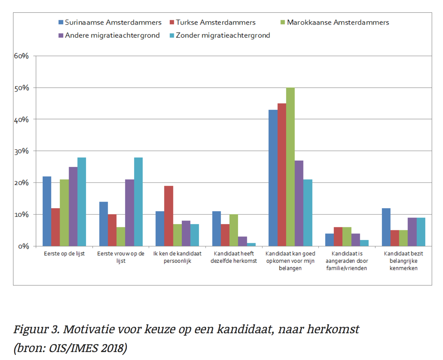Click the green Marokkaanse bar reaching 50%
pyautogui.click(x=290, y=167)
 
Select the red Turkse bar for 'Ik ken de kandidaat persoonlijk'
pyautogui.click(x=168, y=216)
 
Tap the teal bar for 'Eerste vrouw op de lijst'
pyautogui.click(x=138, y=202)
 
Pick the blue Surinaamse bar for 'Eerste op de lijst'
pyautogui.click(x=47, y=211)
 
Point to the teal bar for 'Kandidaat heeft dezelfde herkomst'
pyautogui.click(x=251, y=245)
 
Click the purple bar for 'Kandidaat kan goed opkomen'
pyautogui.click(x=299, y=203)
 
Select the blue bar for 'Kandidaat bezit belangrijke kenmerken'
pyautogui.click(x=386, y=227)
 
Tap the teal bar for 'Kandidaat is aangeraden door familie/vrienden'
pyautogui.click(x=364, y=243)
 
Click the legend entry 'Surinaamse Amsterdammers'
pyautogui.click(x=110, y=22)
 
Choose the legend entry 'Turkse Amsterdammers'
pyautogui.click(x=212, y=22)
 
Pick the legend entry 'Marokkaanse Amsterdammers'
pyautogui.click(x=335, y=22)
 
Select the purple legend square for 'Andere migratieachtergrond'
pyautogui.click(x=61, y=35)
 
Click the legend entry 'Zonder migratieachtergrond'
pyautogui.click(x=220, y=35)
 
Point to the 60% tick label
pyautogui.click(x=21, y=56)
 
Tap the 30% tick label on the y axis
pyautogui.click(x=21, y=151)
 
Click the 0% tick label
pyautogui.click(x=23, y=246)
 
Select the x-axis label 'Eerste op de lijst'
pyautogui.click(x=64, y=254)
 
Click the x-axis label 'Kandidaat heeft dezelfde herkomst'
pyautogui.click(x=234, y=257)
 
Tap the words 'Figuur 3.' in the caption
pyautogui.click(x=36, y=329)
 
